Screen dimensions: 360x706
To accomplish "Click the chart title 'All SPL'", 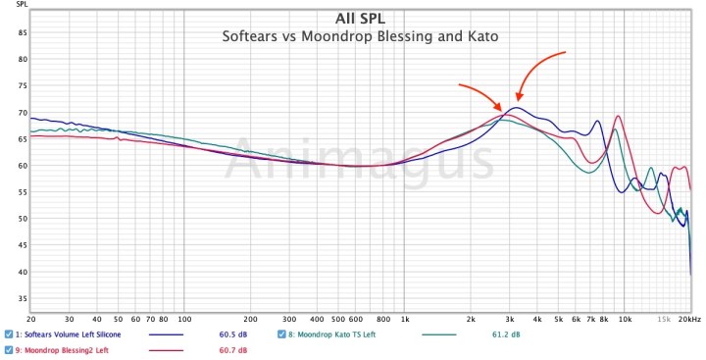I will click(x=360, y=19).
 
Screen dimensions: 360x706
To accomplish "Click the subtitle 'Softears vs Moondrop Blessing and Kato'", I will click(x=360, y=36).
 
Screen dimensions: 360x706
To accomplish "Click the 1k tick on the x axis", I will click(x=405, y=320).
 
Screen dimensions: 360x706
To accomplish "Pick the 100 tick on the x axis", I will click(x=183, y=320).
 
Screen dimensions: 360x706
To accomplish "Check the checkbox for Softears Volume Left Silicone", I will click(x=8, y=335).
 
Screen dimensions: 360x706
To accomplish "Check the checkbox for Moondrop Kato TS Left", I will click(x=282, y=335).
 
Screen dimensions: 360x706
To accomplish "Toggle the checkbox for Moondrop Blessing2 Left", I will click(x=8, y=350).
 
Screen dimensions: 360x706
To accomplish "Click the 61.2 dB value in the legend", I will click(x=506, y=335).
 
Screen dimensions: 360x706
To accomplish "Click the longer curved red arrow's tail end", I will click(x=567, y=52).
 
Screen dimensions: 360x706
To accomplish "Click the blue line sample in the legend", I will click(x=168, y=335).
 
